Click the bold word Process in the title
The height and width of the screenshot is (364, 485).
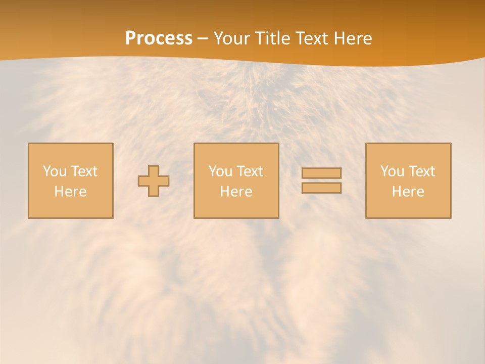159,38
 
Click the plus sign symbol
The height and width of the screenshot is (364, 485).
154,181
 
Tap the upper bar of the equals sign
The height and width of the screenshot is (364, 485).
321,173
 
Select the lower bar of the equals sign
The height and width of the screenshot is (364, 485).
321,188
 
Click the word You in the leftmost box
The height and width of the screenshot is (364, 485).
55,171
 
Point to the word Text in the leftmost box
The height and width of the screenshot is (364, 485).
84,171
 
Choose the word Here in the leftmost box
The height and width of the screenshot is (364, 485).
70,192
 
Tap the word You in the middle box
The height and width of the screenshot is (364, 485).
220,171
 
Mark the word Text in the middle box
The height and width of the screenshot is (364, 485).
250,171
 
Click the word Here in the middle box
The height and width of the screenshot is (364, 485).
236,192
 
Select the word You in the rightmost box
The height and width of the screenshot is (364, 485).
392,171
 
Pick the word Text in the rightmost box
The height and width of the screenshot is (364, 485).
421,171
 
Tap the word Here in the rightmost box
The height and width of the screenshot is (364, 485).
408,192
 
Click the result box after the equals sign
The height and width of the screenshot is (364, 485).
408,207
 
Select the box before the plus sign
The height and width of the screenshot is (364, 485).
71,207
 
